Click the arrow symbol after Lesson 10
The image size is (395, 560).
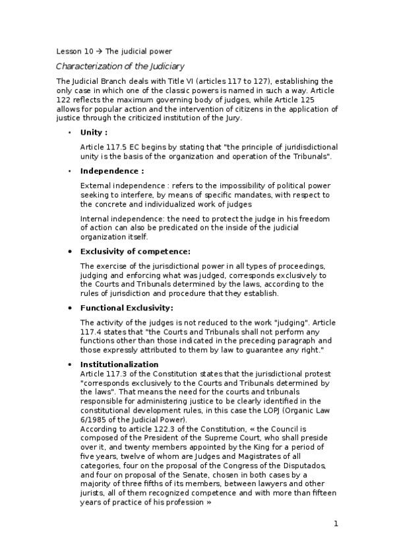tap(98, 51)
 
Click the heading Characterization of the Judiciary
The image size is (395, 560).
tap(120, 66)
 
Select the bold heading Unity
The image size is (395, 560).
tap(93, 132)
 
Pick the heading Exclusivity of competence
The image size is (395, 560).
tap(135, 251)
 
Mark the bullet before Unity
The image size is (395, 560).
tap(70, 132)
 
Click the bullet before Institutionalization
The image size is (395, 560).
tap(70, 365)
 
